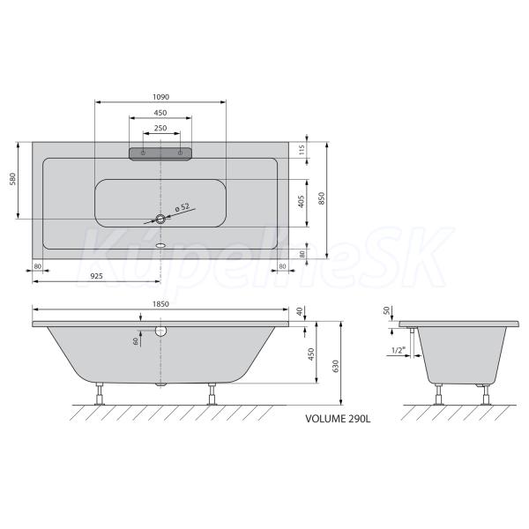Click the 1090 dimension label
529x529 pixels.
pyautogui.click(x=160, y=97)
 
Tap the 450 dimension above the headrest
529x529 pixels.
pyautogui.click(x=160, y=113)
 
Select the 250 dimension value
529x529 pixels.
pyautogui.click(x=160, y=128)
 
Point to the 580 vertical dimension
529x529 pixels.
pyautogui.click(x=12, y=179)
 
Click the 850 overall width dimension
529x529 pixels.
pyautogui.click(x=321, y=198)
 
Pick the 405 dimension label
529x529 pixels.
pyautogui.click(x=302, y=201)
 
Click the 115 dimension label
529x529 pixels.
pyautogui.click(x=302, y=150)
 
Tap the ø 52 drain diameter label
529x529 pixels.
pyautogui.click(x=183, y=207)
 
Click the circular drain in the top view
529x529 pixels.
pyautogui.click(x=160, y=219)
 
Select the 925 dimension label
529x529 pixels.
pyautogui.click(x=96, y=276)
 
